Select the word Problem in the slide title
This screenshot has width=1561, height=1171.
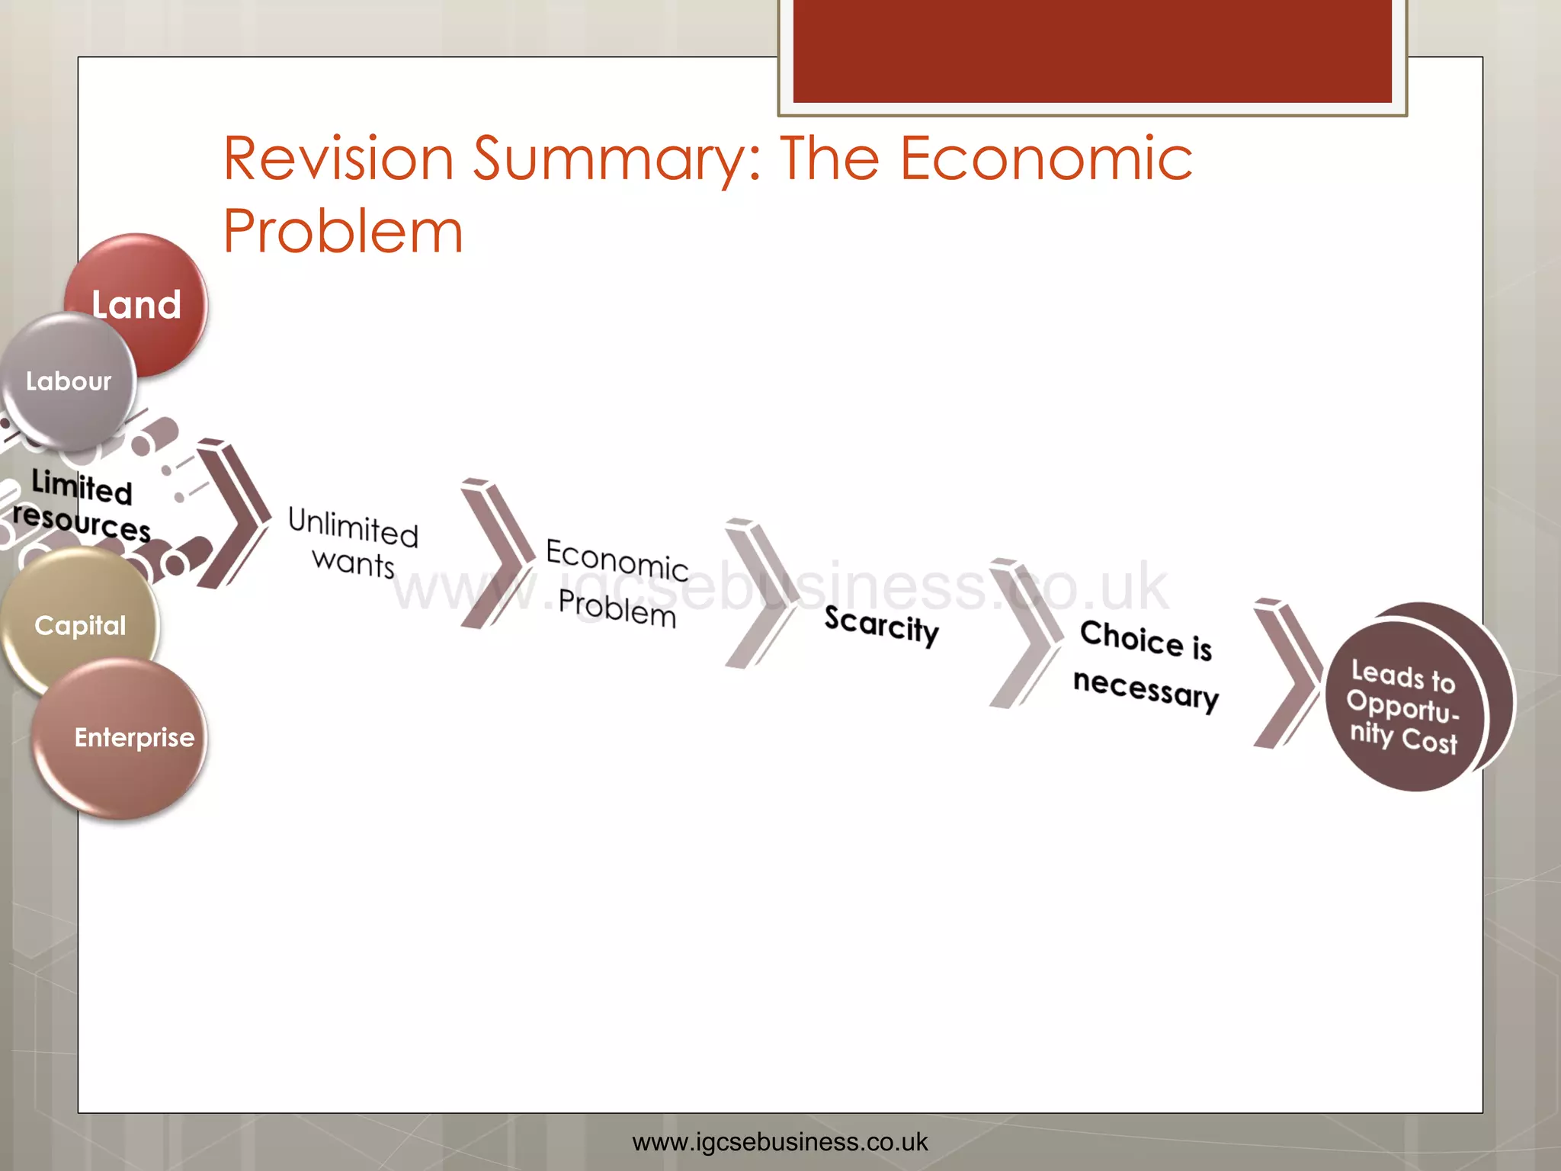pos(343,231)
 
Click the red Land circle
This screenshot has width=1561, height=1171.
pos(145,297)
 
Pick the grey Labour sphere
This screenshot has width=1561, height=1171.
pos(69,381)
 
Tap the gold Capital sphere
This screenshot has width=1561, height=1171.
pos(80,625)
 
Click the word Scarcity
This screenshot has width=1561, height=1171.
pos(881,625)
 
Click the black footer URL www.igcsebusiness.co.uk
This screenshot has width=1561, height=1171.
pos(780,1142)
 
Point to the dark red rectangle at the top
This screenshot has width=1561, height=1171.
pos(1091,50)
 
